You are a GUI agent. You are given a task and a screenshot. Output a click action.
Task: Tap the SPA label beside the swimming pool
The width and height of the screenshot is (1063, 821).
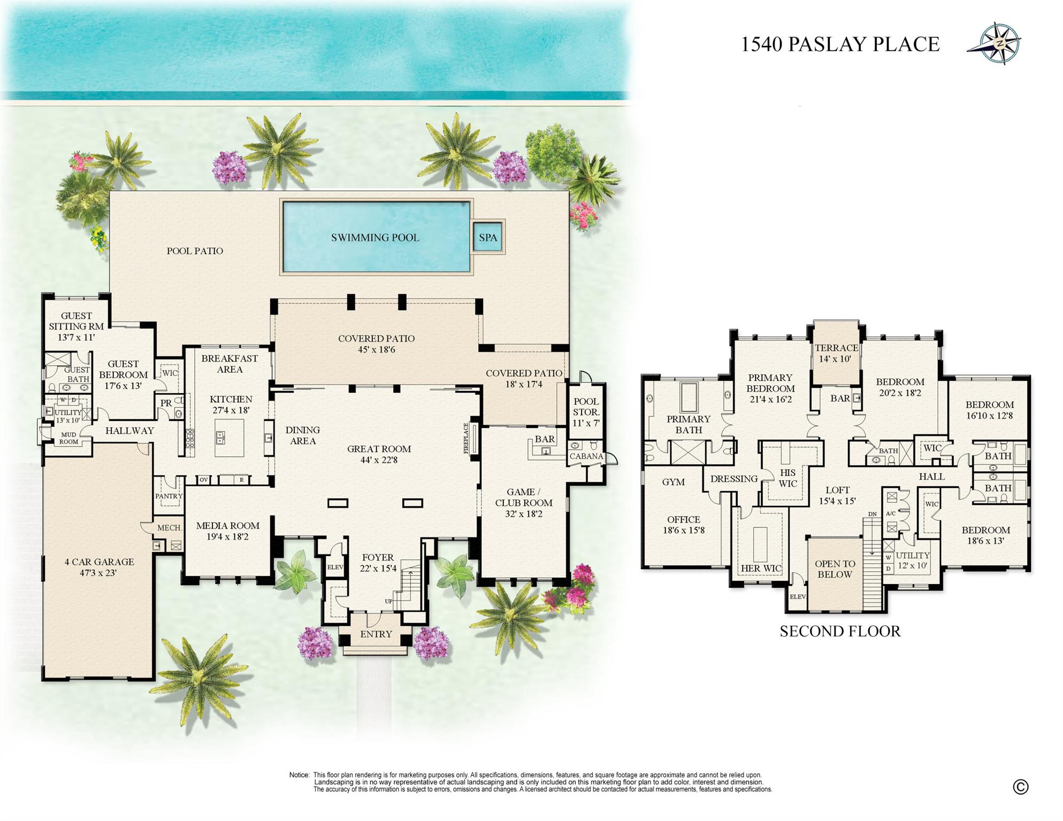click(487, 237)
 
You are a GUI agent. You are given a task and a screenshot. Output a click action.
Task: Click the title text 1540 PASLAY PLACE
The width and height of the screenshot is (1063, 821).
click(840, 44)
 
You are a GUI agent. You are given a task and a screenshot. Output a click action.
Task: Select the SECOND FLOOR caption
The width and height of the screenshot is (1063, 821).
click(840, 631)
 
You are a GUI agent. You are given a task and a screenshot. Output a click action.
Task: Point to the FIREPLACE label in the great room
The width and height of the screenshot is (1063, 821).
click(466, 439)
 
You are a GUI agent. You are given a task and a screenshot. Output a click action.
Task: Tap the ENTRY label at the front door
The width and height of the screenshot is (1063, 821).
click(376, 634)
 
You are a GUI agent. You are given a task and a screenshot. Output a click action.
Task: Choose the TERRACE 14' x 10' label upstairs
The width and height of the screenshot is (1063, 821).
click(836, 353)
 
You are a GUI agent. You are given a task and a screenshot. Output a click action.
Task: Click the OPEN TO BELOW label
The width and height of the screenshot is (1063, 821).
click(835, 569)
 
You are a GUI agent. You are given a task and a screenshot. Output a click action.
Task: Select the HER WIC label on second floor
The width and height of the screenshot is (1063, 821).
click(761, 568)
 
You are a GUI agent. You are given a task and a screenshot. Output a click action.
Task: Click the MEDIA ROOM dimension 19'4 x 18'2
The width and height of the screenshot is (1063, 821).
click(227, 537)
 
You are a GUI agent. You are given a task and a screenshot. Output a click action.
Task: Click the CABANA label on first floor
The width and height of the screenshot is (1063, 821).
click(586, 456)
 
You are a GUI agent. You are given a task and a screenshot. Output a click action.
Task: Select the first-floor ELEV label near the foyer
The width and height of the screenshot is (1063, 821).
click(335, 567)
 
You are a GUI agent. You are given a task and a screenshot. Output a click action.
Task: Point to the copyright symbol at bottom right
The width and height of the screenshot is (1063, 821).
click(1020, 787)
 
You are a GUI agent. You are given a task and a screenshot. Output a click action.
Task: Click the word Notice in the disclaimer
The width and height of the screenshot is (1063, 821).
click(299, 775)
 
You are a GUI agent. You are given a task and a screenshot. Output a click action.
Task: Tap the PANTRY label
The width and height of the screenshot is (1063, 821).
click(169, 496)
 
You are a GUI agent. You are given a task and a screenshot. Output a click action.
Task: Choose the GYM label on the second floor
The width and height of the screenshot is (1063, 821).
click(673, 482)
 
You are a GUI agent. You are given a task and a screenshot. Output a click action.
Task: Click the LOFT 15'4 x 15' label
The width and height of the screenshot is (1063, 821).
click(837, 495)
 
